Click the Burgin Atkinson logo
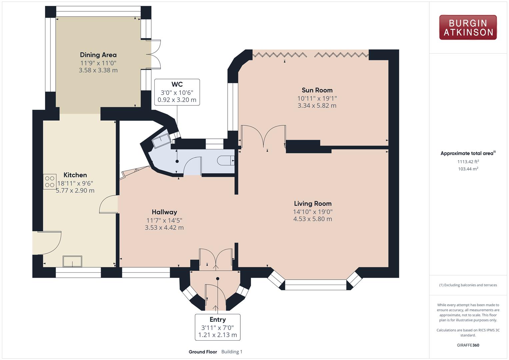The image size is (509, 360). (468, 27)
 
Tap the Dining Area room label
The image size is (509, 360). (98, 55)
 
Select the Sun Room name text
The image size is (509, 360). (317, 90)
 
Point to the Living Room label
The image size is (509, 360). (313, 203)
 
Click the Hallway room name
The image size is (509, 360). (164, 212)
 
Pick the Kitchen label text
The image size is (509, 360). (75, 175)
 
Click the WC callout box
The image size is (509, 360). (177, 92)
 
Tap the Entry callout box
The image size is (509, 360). (218, 327)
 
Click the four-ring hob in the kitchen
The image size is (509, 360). (50, 182)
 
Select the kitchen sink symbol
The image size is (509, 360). (72, 261)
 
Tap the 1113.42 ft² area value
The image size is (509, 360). (468, 162)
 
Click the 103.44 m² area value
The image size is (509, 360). (468, 169)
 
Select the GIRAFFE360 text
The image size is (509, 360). (468, 345)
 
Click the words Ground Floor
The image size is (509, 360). (203, 352)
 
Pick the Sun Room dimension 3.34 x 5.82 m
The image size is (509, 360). (317, 105)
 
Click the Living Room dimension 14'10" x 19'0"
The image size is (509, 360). (313, 212)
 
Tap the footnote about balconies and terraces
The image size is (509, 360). (468, 285)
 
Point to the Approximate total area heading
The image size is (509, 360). (468, 153)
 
